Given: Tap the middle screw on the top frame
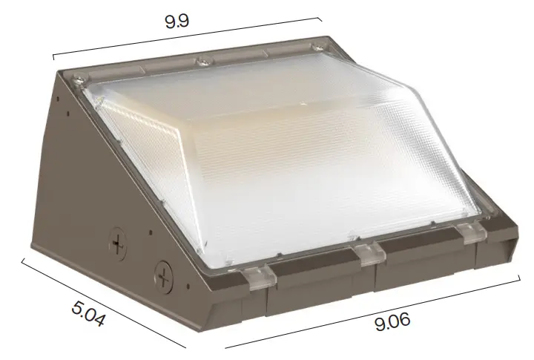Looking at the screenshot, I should coord(201,59).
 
